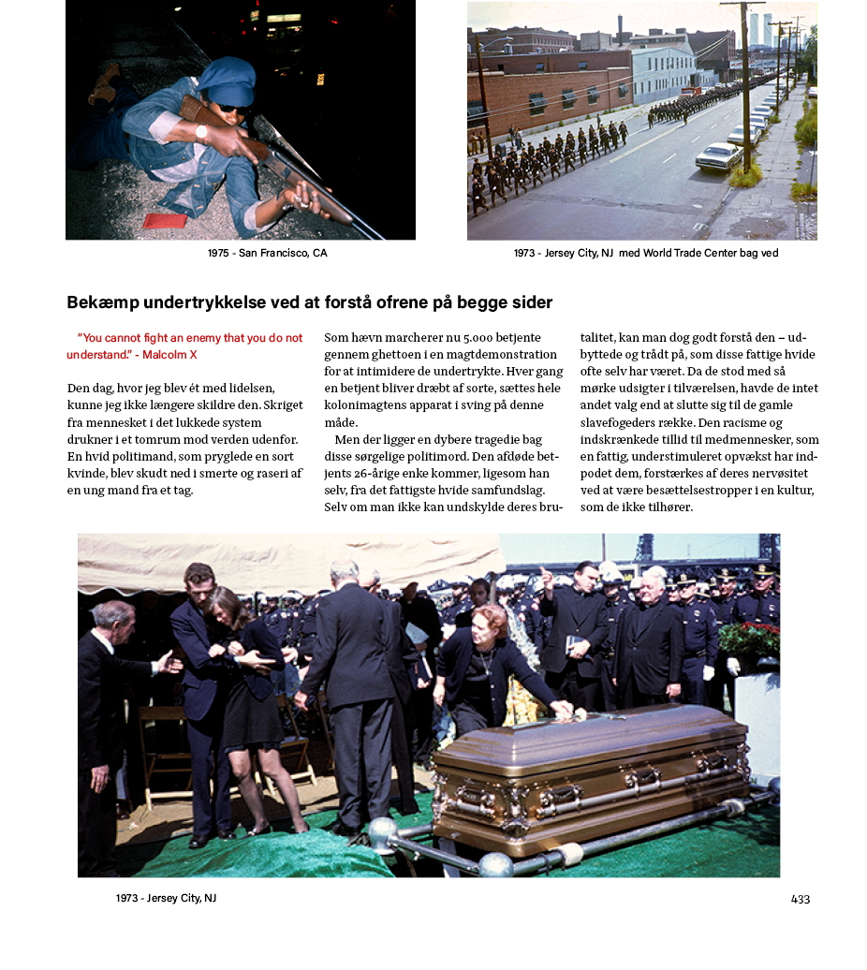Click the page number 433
[x=800, y=899]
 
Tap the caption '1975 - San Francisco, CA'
[x=267, y=253]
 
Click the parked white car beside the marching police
[x=719, y=155]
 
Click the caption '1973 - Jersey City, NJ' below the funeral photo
[x=166, y=898]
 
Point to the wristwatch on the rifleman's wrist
[x=201, y=130]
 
